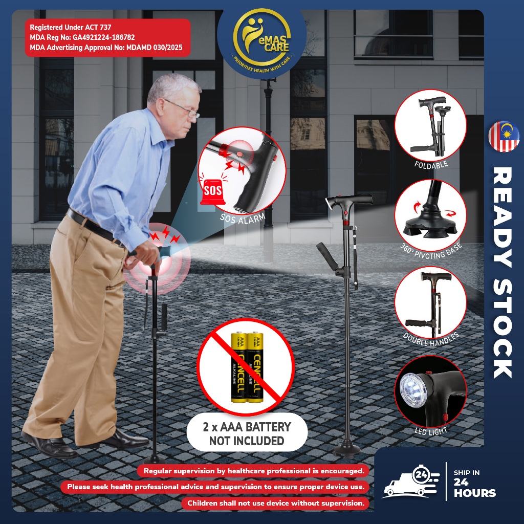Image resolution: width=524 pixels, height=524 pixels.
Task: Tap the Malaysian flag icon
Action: (504, 136)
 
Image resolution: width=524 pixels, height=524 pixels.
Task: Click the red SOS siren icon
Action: (212, 191)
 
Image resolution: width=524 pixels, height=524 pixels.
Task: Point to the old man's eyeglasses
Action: (185, 110)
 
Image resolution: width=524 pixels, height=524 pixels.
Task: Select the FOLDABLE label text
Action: (431, 164)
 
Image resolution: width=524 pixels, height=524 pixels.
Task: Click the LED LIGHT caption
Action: (431, 431)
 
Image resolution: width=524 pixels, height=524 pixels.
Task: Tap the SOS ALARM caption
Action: (243, 218)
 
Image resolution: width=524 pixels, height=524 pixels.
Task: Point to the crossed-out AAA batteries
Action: (247, 366)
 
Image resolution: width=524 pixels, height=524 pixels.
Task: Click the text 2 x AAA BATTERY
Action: (247, 427)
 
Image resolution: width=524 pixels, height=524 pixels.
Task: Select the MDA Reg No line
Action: (82, 37)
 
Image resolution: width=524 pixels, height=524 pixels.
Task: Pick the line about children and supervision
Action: (276, 503)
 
